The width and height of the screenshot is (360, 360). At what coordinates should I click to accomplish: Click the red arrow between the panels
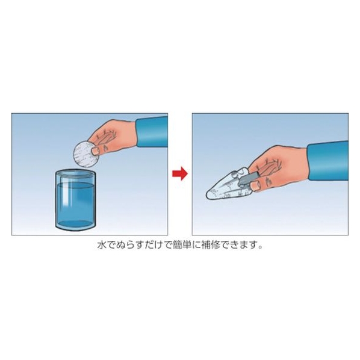coord(180,173)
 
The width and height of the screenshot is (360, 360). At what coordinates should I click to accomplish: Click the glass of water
coord(75,200)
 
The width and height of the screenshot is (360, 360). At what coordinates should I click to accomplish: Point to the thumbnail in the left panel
coord(96,151)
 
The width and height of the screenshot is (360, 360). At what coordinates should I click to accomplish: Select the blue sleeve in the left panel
coord(152,132)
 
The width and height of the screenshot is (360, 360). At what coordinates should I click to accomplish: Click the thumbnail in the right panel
coord(255,184)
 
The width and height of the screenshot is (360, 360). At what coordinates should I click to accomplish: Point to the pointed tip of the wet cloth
coord(207,196)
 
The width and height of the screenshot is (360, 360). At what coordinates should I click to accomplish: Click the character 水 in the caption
coord(102,245)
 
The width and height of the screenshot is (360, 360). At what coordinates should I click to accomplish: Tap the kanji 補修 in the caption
coord(214,245)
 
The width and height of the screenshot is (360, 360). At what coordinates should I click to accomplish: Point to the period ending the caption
coord(259,247)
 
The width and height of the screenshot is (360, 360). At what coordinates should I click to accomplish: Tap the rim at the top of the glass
coord(75,173)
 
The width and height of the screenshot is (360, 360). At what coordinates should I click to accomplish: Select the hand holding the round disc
coord(112,137)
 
